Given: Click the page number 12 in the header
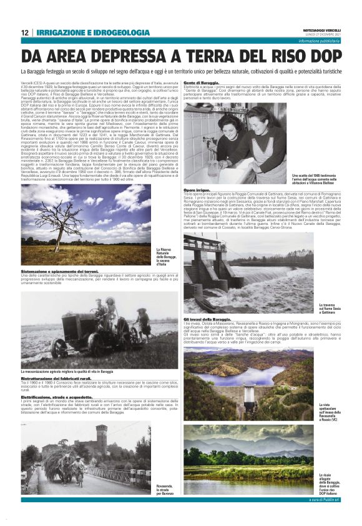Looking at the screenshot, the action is (24, 32).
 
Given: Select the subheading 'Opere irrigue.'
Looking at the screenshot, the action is (197, 189).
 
